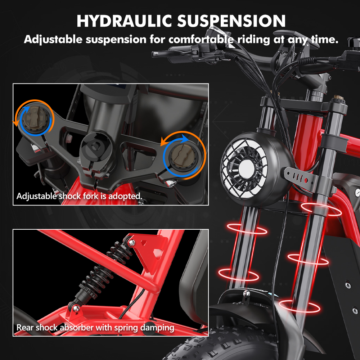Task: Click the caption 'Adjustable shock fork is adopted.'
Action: (x=80, y=196)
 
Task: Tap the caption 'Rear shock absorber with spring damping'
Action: (x=95, y=328)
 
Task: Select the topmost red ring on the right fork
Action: (x=321, y=209)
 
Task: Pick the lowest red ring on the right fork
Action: (x=299, y=306)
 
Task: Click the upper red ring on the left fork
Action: (x=247, y=228)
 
